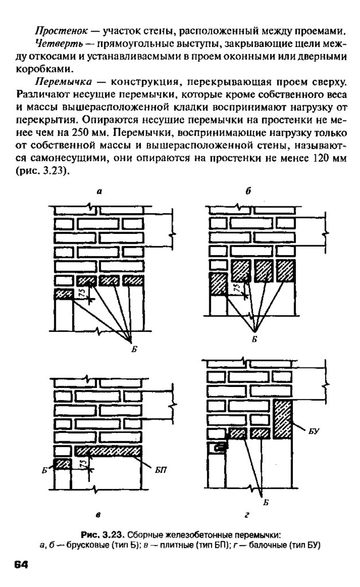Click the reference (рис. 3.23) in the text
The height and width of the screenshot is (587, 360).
[x=43, y=171]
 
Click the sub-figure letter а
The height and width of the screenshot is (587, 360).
[x=99, y=193]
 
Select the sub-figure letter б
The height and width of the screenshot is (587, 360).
[x=247, y=193]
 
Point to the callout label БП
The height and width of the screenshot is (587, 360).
[x=161, y=469]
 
